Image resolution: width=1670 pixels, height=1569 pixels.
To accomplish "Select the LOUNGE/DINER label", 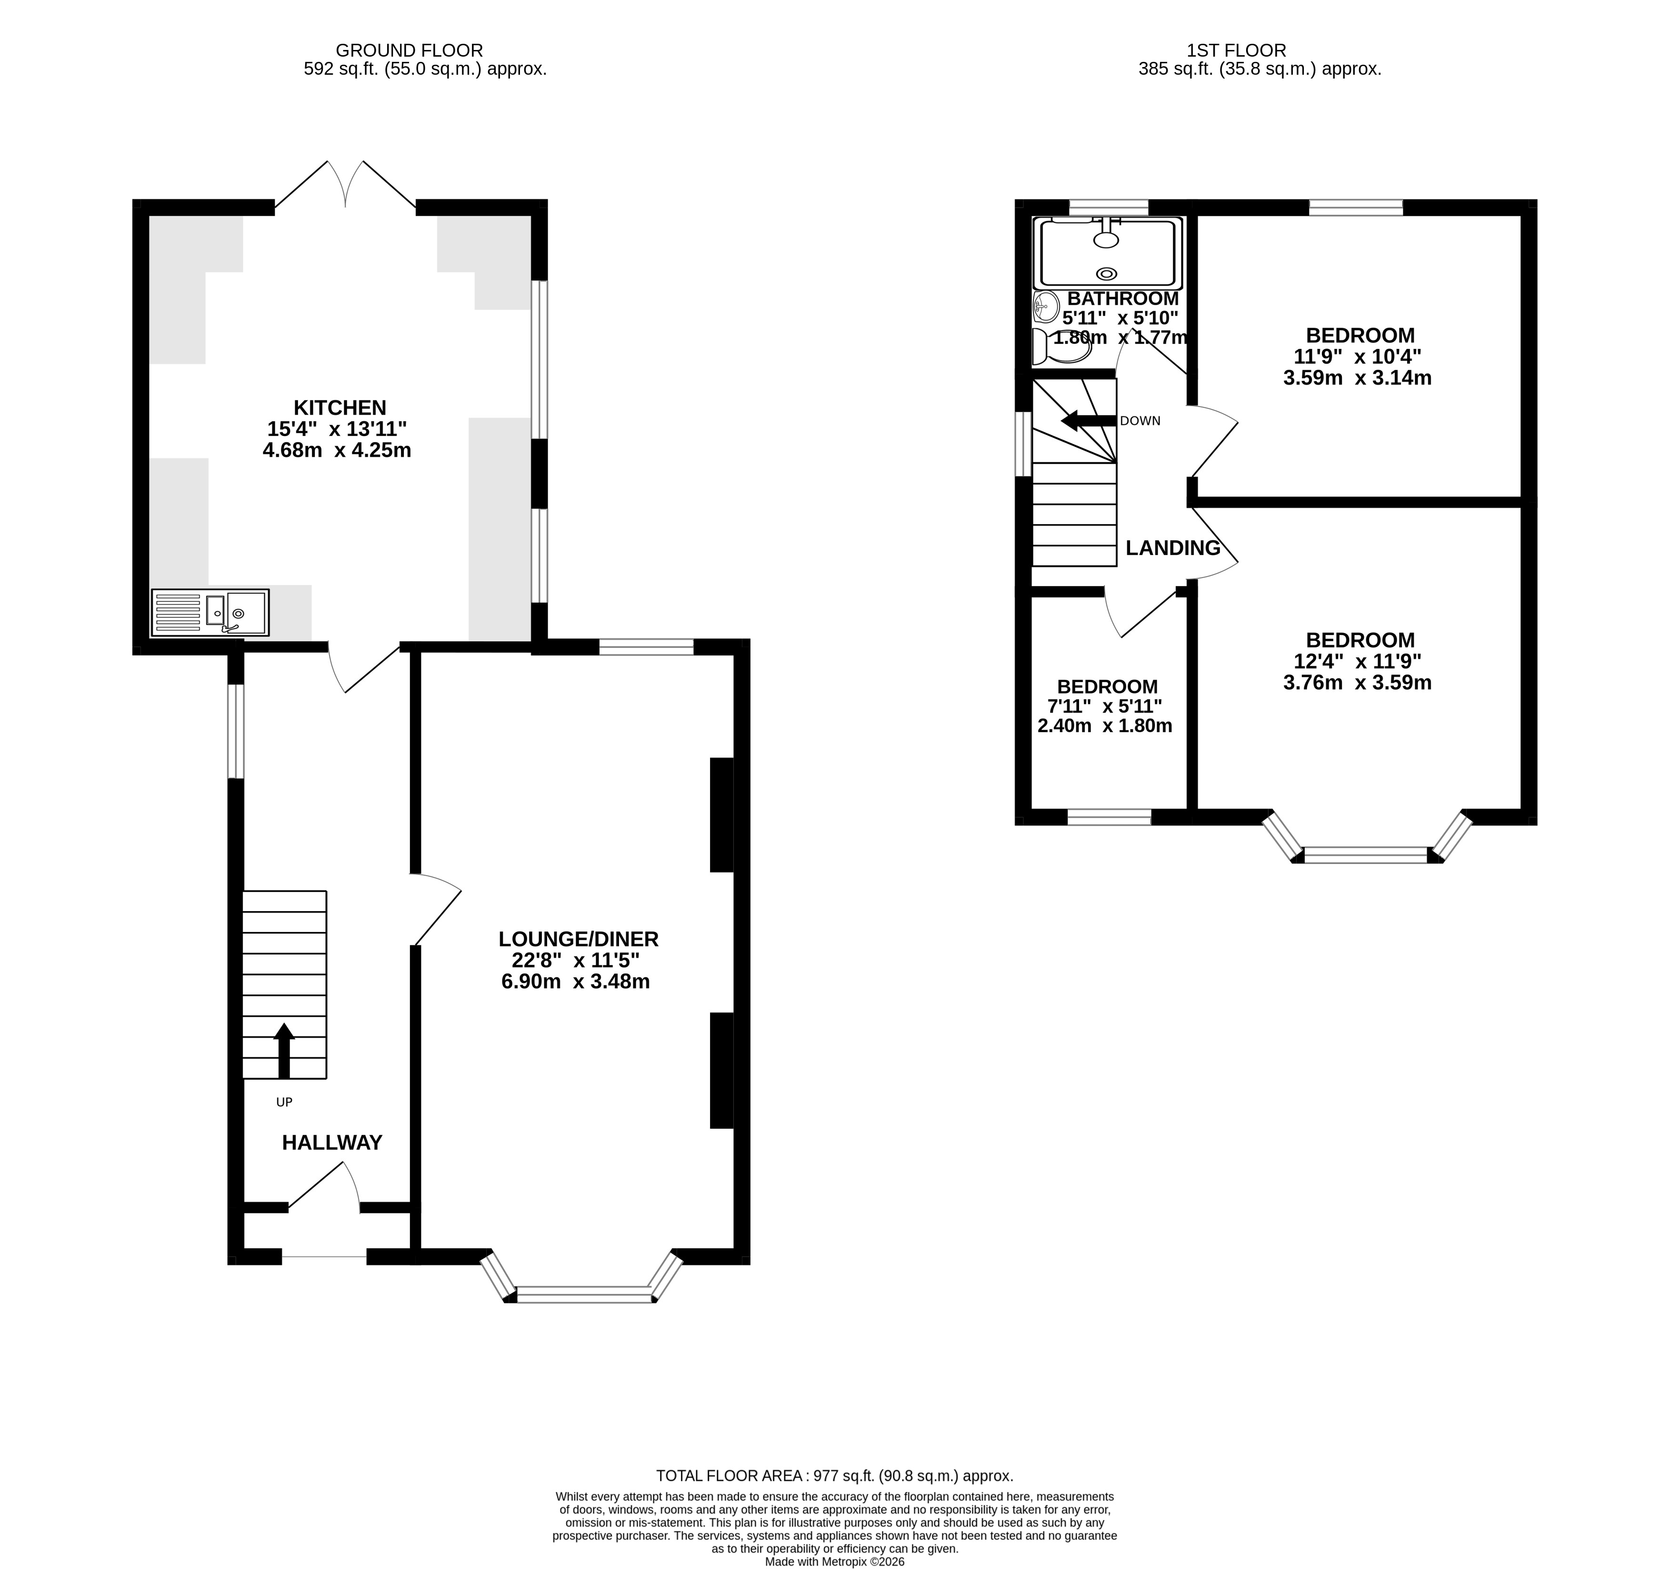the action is (578, 939).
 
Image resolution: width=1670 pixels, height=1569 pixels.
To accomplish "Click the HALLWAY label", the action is (332, 1142).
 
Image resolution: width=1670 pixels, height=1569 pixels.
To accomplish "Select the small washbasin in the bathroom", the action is (1045, 308).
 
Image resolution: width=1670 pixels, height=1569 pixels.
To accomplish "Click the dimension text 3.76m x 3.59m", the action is (1358, 683).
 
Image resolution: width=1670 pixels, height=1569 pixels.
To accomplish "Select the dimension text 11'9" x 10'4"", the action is (1358, 356).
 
